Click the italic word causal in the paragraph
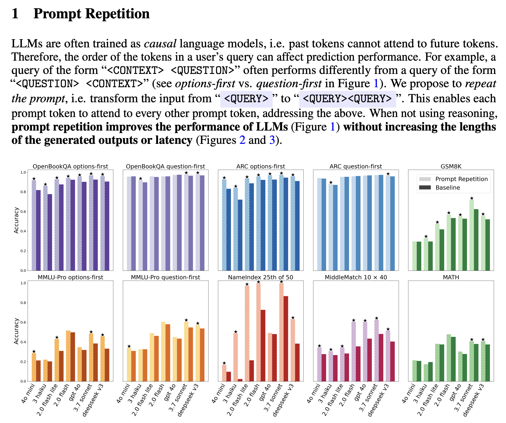pos(160,44)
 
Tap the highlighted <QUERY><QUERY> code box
pos(347,99)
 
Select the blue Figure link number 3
pos(272,140)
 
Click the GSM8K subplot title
pos(451,166)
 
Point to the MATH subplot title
pos(451,277)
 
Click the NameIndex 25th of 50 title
pos(261,277)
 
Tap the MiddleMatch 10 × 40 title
pos(356,277)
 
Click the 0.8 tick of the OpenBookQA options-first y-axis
pos(23,192)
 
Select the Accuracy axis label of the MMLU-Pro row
pos(16,331)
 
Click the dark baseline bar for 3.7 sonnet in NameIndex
pos(286,338)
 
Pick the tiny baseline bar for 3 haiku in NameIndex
pos(240,380)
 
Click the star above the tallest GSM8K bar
pos(471,198)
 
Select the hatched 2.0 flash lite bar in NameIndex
pos(247,333)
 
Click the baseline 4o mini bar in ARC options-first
pos(228,229)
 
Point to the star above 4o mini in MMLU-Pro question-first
pos(129,346)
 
